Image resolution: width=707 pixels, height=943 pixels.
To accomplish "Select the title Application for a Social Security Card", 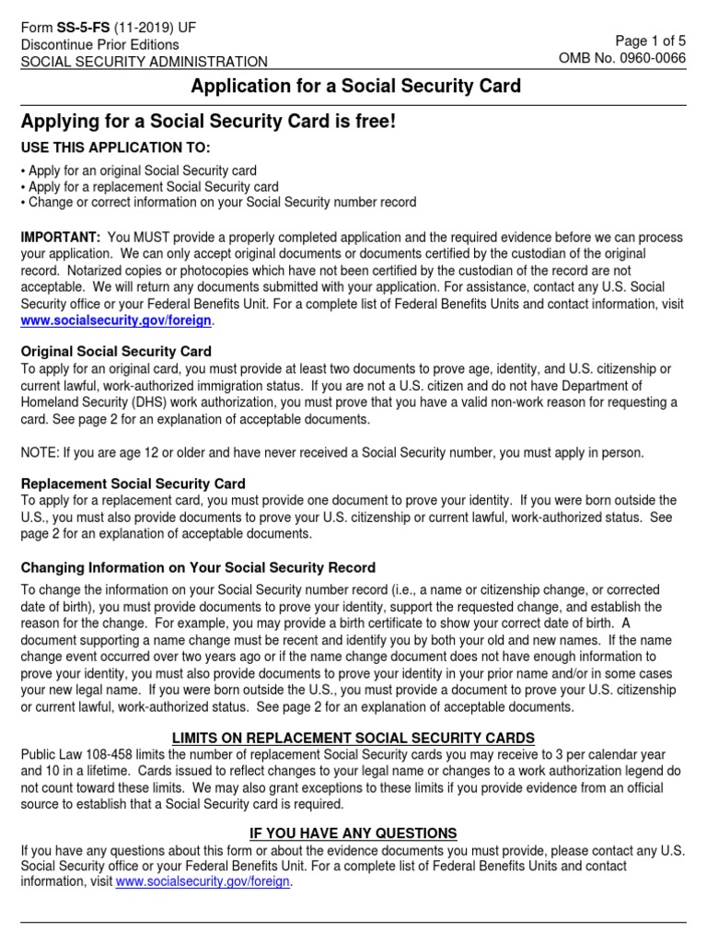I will (355, 87).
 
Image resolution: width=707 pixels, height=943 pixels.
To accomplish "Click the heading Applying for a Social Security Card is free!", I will (208, 122).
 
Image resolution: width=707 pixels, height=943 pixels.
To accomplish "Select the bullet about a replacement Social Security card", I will (150, 187).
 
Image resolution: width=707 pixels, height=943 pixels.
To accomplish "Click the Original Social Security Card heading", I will (116, 351).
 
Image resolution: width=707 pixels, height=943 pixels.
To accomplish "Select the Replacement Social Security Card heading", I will (133, 483).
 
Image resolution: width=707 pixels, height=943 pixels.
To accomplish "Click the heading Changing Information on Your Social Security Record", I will (198, 567).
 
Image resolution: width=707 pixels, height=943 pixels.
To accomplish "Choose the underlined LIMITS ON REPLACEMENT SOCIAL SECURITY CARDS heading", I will (353, 739).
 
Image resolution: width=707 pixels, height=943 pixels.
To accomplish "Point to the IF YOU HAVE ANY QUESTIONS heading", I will (353, 833).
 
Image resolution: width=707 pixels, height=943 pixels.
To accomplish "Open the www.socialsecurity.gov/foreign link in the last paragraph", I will (203, 881).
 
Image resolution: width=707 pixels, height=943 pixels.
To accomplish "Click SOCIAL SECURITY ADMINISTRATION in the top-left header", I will (145, 62).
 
